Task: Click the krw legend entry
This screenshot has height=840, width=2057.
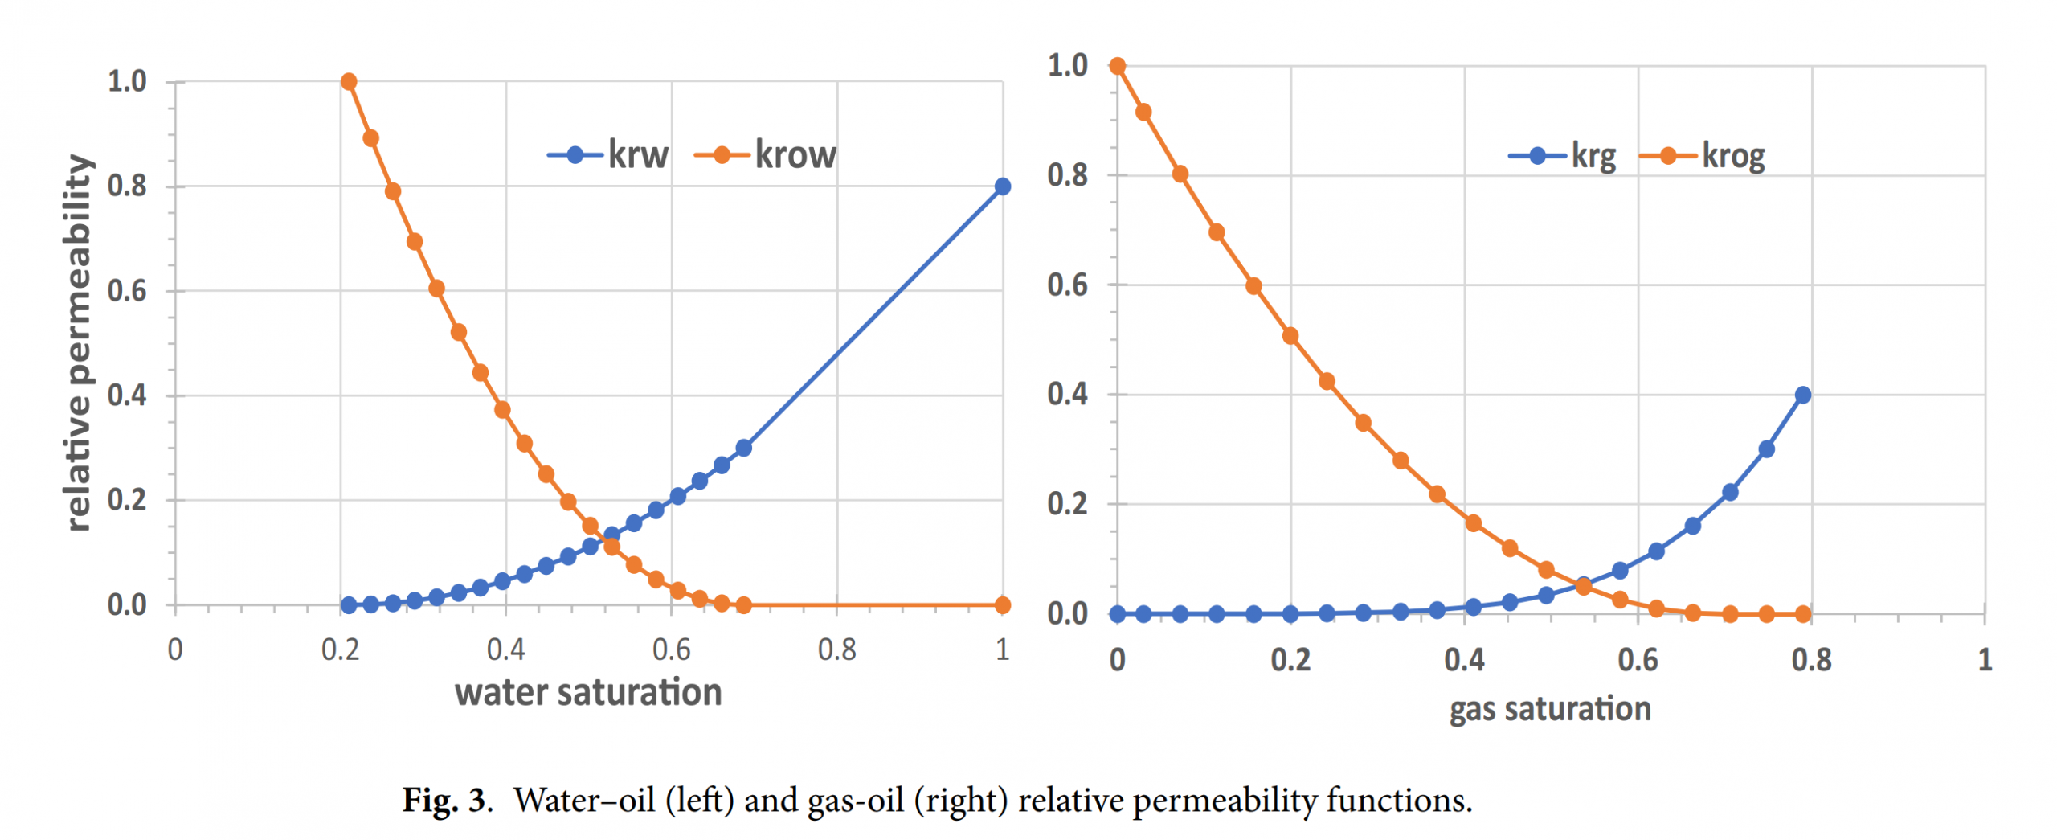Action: pyautogui.click(x=608, y=155)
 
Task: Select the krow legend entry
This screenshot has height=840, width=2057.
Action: pyautogui.click(x=766, y=155)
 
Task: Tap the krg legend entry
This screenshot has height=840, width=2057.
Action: pyautogui.click(x=1563, y=156)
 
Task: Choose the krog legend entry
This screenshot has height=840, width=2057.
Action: pyautogui.click(x=1703, y=156)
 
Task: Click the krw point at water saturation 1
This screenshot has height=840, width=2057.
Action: pyautogui.click(x=1002, y=186)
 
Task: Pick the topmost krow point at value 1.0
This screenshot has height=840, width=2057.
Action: pyautogui.click(x=349, y=82)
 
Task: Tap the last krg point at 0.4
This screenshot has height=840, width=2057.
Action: pyautogui.click(x=1802, y=395)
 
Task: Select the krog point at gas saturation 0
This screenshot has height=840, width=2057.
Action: pyautogui.click(x=1117, y=66)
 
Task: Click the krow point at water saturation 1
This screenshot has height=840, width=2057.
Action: pyautogui.click(x=1002, y=604)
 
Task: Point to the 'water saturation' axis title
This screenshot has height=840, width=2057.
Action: pyautogui.click(x=588, y=693)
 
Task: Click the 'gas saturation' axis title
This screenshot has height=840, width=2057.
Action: pyautogui.click(x=1549, y=709)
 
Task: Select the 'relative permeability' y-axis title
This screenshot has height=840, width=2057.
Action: pyautogui.click(x=78, y=343)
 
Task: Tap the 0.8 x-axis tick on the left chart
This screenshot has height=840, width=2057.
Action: pyautogui.click(x=836, y=649)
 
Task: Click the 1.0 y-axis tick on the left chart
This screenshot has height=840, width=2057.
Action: pyautogui.click(x=127, y=82)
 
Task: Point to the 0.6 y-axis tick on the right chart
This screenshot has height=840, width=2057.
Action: pyautogui.click(x=1067, y=285)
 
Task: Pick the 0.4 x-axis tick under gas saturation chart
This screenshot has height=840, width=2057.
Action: pyautogui.click(x=1463, y=661)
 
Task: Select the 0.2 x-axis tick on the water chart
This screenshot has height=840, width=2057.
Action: pyautogui.click(x=340, y=649)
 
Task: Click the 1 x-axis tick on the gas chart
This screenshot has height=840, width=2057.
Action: pyautogui.click(x=1984, y=661)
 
